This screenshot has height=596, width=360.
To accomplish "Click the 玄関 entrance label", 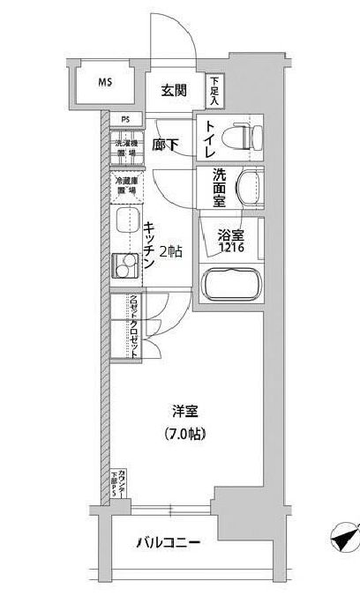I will tap(174, 89).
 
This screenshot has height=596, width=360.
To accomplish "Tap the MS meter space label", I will tap(105, 85).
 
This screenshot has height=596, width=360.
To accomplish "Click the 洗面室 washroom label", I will tap(221, 188).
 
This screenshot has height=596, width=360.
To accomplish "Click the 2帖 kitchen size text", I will tap(171, 252).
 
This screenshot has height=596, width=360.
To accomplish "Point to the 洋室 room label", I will tap(184, 411).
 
